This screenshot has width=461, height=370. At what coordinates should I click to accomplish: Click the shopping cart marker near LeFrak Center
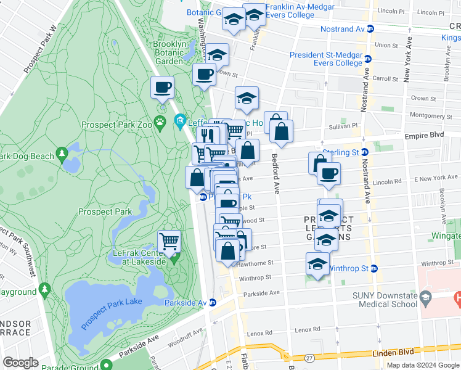[x=169, y=240]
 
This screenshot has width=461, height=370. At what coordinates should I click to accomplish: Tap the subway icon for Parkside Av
[x=213, y=302]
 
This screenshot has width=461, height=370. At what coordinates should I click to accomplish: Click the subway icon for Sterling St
[x=364, y=152]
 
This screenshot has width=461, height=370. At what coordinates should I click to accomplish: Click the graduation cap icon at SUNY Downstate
[x=425, y=299]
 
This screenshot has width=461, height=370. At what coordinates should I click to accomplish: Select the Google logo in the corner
[x=21, y=363]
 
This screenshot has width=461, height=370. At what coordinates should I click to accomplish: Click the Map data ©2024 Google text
[x=422, y=365]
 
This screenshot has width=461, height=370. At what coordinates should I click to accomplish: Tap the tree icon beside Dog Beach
[x=62, y=152]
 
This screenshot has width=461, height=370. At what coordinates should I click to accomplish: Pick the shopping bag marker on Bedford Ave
[x=281, y=131]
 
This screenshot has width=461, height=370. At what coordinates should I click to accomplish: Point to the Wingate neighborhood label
[x=446, y=236]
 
